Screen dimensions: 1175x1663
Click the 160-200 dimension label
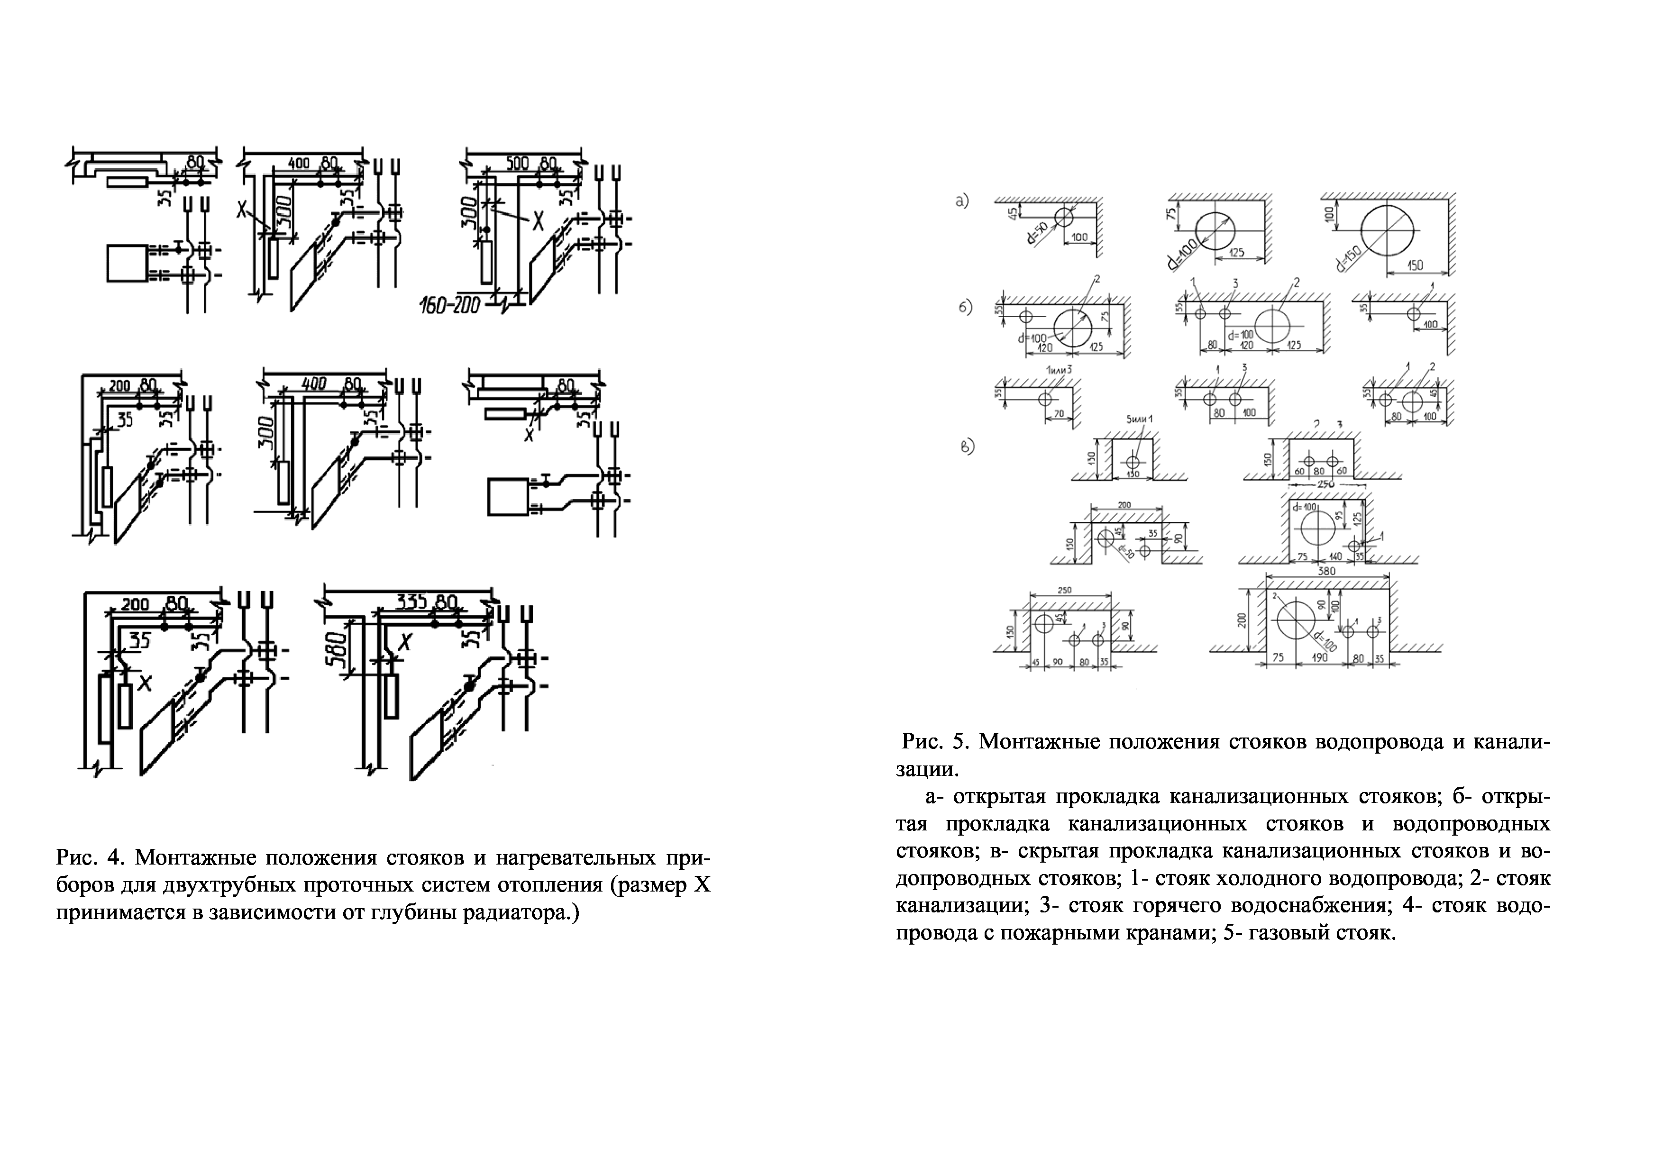click(x=450, y=306)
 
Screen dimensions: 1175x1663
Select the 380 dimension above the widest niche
click(x=1326, y=571)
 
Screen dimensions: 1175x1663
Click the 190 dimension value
click(x=1320, y=658)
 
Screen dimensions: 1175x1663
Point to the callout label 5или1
click(x=1139, y=420)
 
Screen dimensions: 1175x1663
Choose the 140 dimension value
click(x=1335, y=557)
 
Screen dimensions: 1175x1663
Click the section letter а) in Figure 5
click(x=963, y=201)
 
